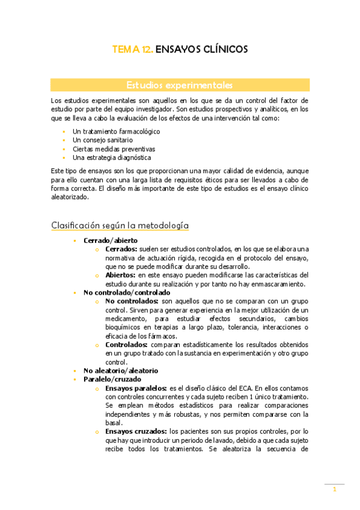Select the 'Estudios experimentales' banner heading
click(x=180, y=85)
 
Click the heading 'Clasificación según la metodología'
click(x=120, y=225)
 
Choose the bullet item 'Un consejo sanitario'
click(x=103, y=140)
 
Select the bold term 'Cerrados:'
click(x=121, y=249)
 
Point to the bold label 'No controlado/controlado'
click(x=126, y=293)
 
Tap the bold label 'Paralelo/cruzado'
click(x=112, y=380)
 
